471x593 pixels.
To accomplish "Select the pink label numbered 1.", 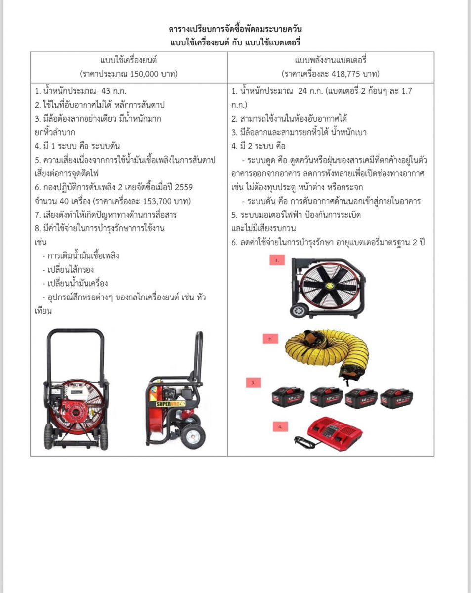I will click(278, 260).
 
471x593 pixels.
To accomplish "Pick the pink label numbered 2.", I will click(270, 339).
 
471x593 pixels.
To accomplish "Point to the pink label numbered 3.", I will click(253, 382).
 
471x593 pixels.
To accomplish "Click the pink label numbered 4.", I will click(280, 425).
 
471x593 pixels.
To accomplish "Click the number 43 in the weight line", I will click(107, 91).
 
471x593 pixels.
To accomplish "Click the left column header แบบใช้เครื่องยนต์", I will click(128, 61).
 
